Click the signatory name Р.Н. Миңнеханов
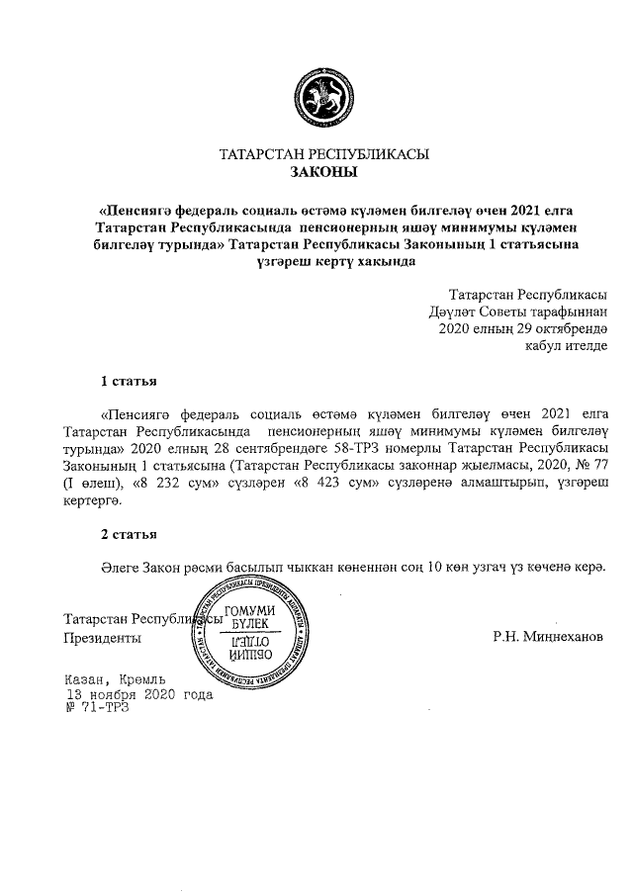[x=547, y=637]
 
